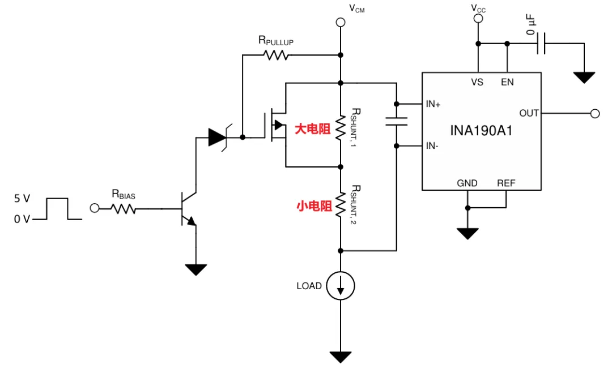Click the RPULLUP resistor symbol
coord(277,55)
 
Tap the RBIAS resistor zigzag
coord(124,209)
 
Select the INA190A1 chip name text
coord(481,131)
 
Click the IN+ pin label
coord(433,104)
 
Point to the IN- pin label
coord(432,145)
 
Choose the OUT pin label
coord(529,113)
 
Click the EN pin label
coord(507,82)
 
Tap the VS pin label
coord(477,82)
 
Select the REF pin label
coord(506,183)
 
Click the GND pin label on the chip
coord(467,183)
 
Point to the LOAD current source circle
coord(341,286)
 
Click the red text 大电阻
coord(312,129)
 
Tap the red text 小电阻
coord(314,206)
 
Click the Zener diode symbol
coord(218,137)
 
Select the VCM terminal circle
coord(341,22)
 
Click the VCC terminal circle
coord(478,18)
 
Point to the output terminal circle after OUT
coord(595,113)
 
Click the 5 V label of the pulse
coord(22,198)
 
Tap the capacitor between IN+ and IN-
coord(396,121)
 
